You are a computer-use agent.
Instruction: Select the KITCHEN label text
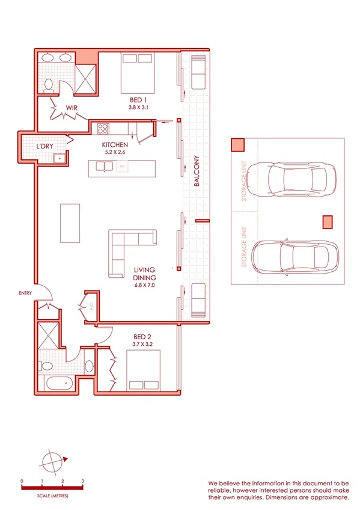pyautogui.click(x=114, y=145)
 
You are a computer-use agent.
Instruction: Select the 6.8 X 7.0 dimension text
pyautogui.click(x=144, y=286)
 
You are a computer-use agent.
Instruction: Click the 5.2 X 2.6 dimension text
pyautogui.click(x=114, y=153)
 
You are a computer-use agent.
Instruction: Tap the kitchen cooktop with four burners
pyautogui.click(x=103, y=128)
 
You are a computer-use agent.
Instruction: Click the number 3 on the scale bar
pyautogui.click(x=82, y=482)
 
